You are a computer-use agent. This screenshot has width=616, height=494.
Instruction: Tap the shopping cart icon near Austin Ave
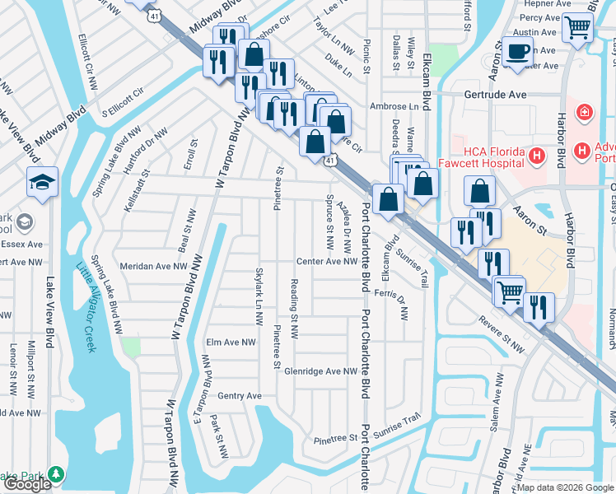click(577, 28)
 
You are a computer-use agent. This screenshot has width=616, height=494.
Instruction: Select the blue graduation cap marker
click(42, 183)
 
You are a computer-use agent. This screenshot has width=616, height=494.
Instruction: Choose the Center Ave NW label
click(327, 262)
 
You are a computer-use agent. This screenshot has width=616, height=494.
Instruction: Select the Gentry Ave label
click(239, 396)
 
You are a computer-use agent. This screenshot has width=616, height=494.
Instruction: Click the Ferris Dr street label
click(391, 294)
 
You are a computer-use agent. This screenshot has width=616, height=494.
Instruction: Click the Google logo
click(27, 485)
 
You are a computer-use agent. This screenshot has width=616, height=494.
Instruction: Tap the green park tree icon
click(56, 475)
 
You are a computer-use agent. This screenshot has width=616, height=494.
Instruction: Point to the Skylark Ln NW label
click(259, 287)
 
